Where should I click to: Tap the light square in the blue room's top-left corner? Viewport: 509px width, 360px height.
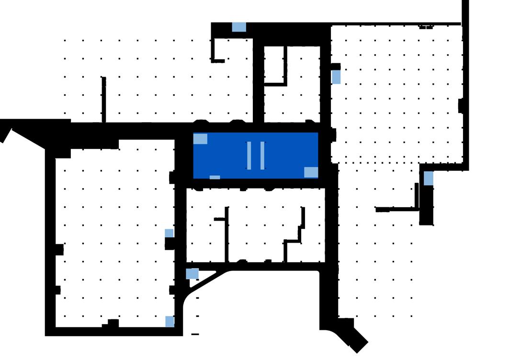tap(200, 139)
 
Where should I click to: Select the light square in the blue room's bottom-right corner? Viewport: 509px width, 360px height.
tap(311, 172)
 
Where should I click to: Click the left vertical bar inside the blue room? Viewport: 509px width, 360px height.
tap(249, 156)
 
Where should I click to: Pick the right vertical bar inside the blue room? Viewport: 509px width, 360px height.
tap(262, 156)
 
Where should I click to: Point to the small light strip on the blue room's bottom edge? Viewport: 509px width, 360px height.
tap(215, 177)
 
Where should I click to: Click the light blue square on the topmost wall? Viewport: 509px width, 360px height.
tap(239, 27)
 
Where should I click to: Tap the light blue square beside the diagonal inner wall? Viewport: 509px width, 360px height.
tap(192, 274)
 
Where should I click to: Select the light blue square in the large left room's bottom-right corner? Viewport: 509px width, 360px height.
tap(170, 321)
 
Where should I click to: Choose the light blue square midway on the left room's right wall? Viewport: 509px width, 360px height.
tap(169, 233)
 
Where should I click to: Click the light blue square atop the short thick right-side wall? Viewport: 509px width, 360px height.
tap(429, 179)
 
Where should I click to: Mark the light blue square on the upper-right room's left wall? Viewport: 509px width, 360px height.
tap(336, 77)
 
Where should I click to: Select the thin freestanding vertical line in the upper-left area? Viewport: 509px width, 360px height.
tap(103, 99)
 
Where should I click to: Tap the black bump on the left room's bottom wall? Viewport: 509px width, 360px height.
tap(111, 324)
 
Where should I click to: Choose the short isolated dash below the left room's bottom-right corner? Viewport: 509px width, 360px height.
tap(195, 334)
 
